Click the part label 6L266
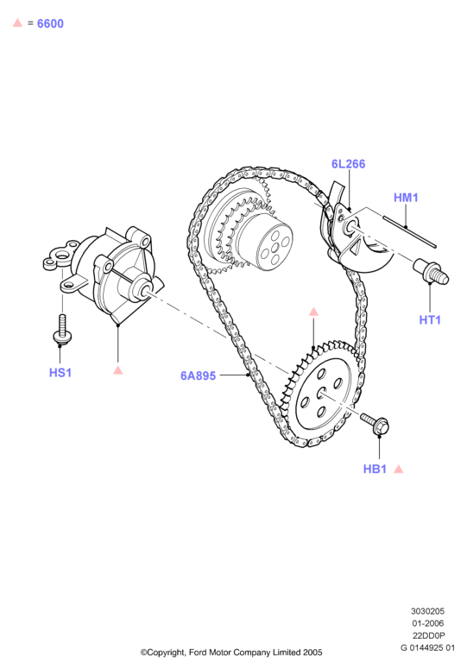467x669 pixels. pyautogui.click(x=348, y=164)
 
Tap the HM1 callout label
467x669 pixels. pyautogui.click(x=406, y=198)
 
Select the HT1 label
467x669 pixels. pyautogui.click(x=430, y=319)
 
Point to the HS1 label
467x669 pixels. pyautogui.click(x=60, y=372)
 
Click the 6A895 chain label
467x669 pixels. pyautogui.click(x=198, y=376)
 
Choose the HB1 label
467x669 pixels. pyautogui.click(x=375, y=469)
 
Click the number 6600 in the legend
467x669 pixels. pyautogui.click(x=50, y=23)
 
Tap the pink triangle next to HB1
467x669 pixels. pyautogui.click(x=398, y=469)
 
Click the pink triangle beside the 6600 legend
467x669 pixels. pyautogui.click(x=17, y=22)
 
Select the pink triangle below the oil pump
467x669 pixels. pyautogui.click(x=118, y=370)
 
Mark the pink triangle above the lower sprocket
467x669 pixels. pyautogui.click(x=313, y=312)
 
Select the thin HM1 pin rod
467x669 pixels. pyautogui.click(x=409, y=231)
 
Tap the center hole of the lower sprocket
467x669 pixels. pyautogui.click(x=321, y=394)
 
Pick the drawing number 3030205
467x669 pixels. pyautogui.click(x=428, y=611)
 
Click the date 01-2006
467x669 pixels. pyautogui.click(x=428, y=623)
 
